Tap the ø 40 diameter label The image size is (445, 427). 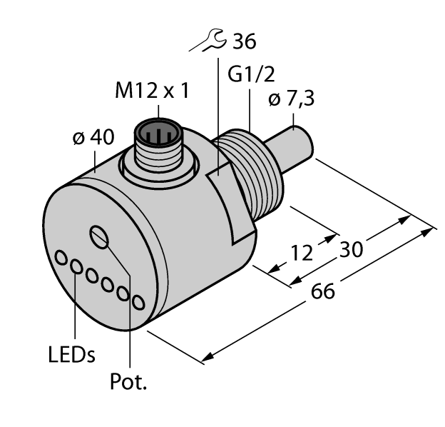93,139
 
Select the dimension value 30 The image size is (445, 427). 352,250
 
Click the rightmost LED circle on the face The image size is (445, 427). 138,303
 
